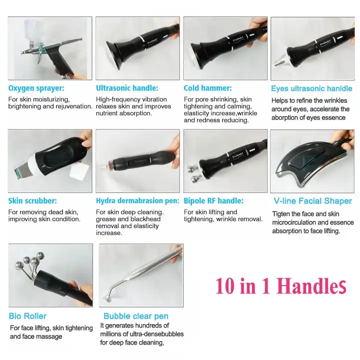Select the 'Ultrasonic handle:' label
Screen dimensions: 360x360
(x=127, y=88)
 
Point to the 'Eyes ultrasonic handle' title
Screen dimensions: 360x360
(x=311, y=88)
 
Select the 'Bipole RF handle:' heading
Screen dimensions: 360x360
(x=213, y=201)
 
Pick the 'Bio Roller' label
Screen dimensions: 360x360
(x=27, y=316)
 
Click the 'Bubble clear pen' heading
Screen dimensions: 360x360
(x=136, y=316)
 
